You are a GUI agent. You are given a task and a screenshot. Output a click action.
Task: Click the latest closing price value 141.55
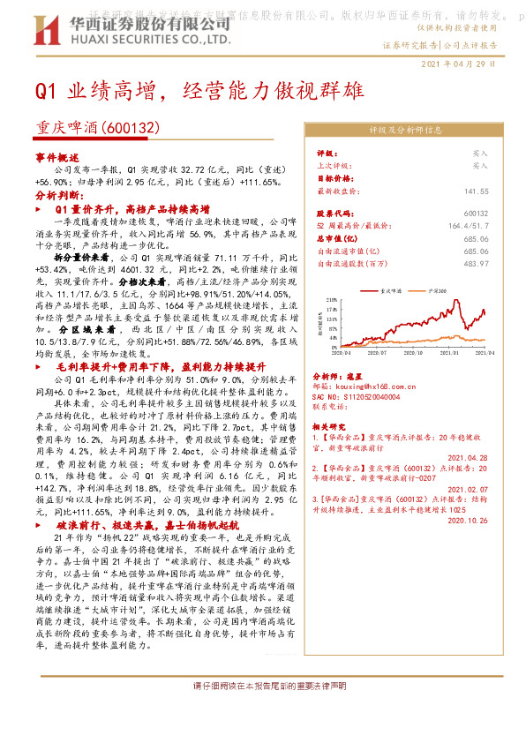pos(476,191)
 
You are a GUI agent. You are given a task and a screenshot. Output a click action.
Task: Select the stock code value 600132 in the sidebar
pos(476,214)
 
